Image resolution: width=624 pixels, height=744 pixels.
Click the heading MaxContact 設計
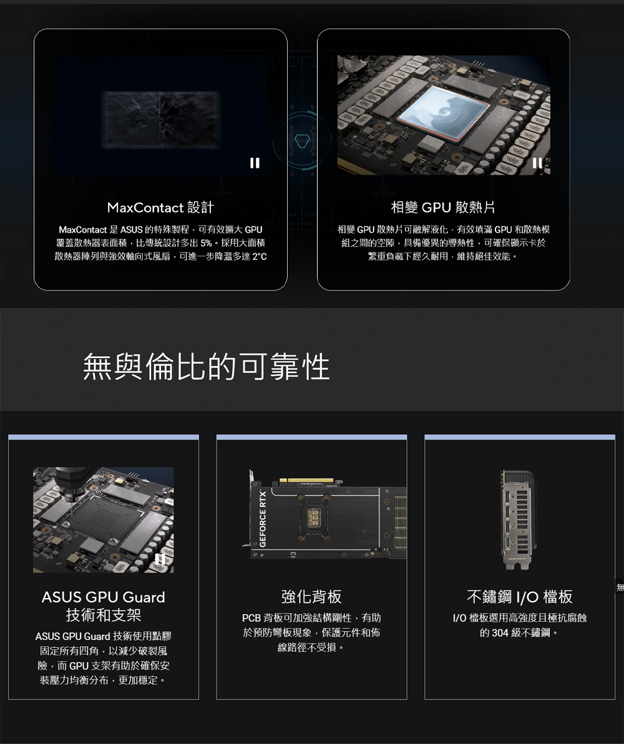pyautogui.click(x=160, y=207)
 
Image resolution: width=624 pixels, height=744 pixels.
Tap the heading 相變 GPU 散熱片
pyautogui.click(x=443, y=207)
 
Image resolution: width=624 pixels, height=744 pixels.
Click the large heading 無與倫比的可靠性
pyautogui.click(x=206, y=367)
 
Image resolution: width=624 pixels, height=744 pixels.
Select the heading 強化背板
pyautogui.click(x=311, y=596)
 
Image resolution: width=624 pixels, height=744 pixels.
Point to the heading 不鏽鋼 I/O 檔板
pyautogui.click(x=520, y=596)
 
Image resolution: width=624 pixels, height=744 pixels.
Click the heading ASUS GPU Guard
pyautogui.click(x=104, y=597)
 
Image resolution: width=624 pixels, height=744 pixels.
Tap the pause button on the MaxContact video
pyautogui.click(x=255, y=163)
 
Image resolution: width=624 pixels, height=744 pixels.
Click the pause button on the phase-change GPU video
pyautogui.click(x=537, y=163)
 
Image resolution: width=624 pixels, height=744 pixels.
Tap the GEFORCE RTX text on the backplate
pyautogui.click(x=263, y=519)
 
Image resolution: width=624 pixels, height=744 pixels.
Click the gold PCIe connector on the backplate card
pyautogui.click(x=306, y=481)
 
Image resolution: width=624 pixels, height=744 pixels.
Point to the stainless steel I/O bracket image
pyautogui.click(x=517, y=519)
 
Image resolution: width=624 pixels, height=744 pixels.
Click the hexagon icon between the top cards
pyautogui.click(x=302, y=140)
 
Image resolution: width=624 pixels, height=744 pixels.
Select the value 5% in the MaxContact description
pyautogui.click(x=206, y=243)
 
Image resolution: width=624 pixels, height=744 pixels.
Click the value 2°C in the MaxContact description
pyautogui.click(x=260, y=257)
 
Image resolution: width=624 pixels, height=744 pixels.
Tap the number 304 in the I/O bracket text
pyautogui.click(x=500, y=632)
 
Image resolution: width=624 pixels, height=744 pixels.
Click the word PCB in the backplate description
pyautogui.click(x=251, y=618)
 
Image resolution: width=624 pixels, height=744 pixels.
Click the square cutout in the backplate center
pyautogui.click(x=313, y=517)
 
